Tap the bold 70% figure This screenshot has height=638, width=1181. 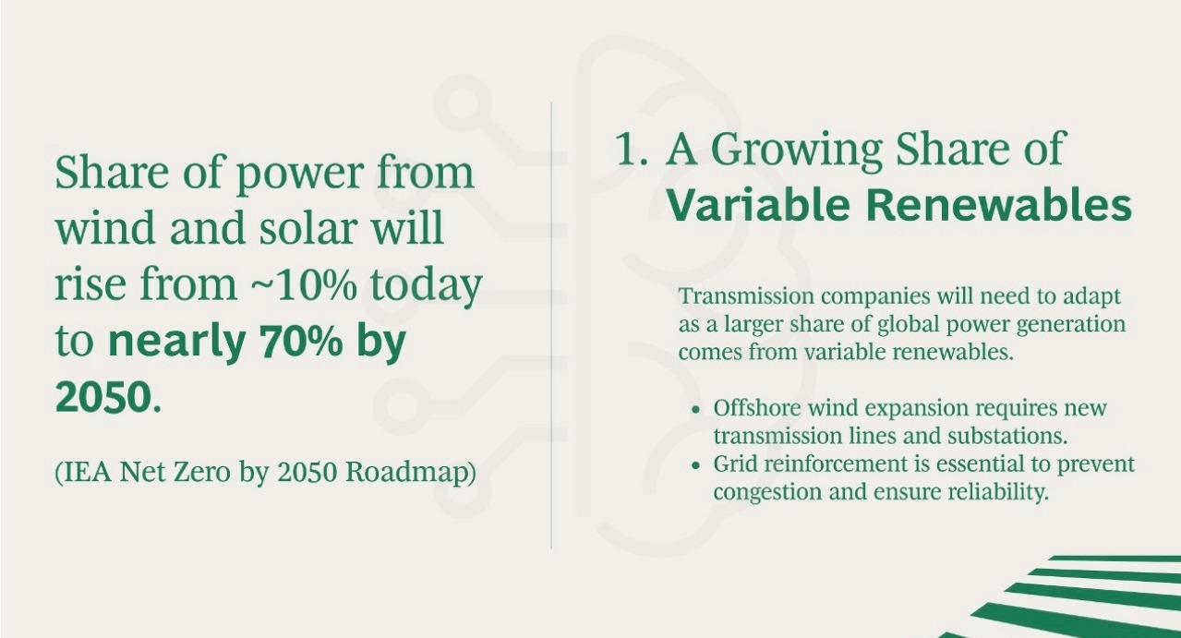point(300,341)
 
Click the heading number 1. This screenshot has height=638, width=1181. point(632,149)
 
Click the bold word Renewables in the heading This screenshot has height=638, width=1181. point(998,204)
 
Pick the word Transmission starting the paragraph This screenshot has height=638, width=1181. point(746,295)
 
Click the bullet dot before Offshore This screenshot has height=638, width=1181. point(696,410)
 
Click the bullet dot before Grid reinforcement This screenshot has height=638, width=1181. point(696,466)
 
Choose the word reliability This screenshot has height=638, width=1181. point(998,493)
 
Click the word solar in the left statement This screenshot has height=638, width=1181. point(307,228)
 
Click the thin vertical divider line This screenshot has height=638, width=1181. point(551,325)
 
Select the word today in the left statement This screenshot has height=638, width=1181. point(426,286)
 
